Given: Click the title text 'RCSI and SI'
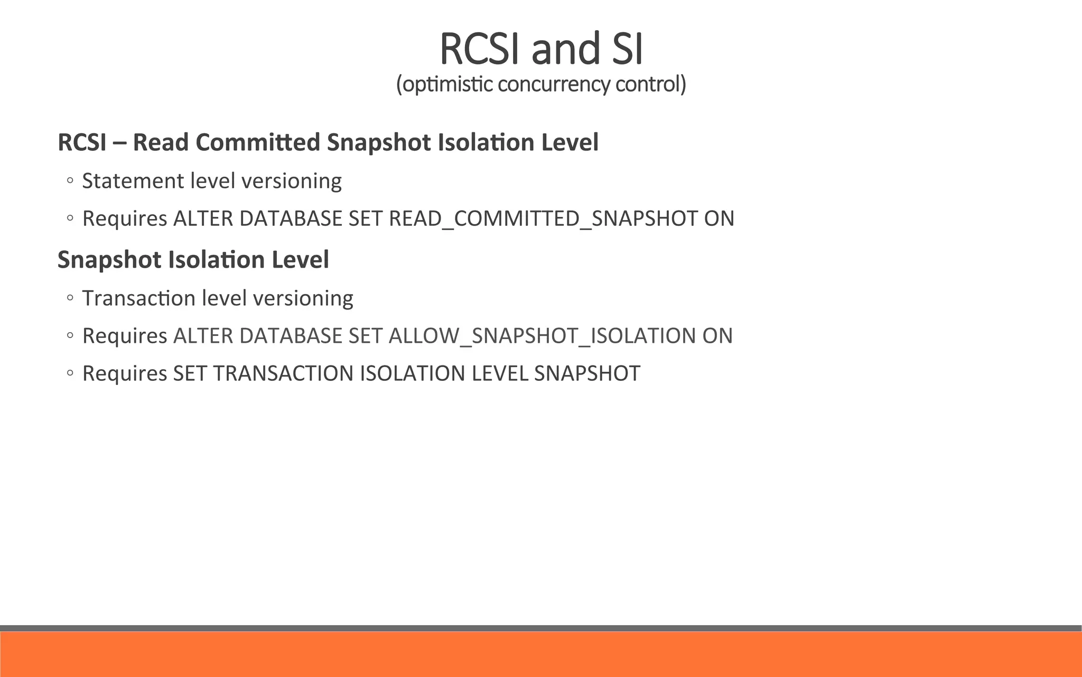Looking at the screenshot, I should pos(541,49).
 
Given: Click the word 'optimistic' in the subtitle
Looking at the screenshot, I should pos(445,84).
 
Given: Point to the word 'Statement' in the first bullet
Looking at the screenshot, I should pos(133,181).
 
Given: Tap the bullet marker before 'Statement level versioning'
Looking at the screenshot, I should pos(70,181).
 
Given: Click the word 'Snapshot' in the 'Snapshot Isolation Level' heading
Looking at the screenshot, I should pos(108,260).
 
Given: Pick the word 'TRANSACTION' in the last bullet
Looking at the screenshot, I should pos(284,373).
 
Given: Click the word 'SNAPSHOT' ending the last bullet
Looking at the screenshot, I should pos(587,373).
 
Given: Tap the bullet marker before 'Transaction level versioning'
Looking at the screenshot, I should pos(70,299).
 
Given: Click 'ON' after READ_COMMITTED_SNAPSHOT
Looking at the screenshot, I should pos(719,219).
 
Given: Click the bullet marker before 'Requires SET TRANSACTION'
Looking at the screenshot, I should pos(70,374).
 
